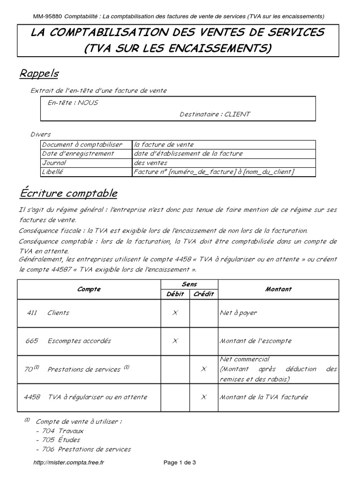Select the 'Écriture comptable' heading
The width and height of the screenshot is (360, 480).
(68, 194)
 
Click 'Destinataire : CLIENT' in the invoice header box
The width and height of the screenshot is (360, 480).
(215, 114)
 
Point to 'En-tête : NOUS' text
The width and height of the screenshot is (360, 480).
(73, 102)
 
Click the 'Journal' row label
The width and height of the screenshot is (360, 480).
(54, 163)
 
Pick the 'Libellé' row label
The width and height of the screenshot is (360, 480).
(52, 172)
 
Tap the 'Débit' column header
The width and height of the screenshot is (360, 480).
(175, 294)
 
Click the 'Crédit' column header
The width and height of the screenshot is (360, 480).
(203, 294)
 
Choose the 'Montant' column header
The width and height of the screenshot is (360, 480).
(278, 289)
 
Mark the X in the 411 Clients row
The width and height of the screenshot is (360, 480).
(175, 313)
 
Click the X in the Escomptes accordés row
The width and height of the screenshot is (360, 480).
(175, 341)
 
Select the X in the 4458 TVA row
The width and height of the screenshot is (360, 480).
(203, 397)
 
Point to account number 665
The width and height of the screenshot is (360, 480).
(32, 341)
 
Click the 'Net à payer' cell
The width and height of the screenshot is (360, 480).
(238, 313)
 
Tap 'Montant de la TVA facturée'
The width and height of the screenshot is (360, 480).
(264, 397)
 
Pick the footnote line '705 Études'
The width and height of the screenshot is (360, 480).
(57, 440)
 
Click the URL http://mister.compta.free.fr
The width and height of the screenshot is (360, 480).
(69, 462)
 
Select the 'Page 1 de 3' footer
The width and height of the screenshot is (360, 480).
(180, 462)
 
